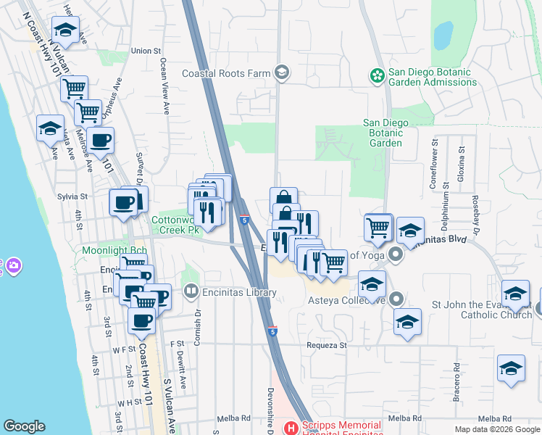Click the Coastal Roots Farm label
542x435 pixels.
225,73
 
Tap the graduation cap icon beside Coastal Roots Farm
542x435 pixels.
281,72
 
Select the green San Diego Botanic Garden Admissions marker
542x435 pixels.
377,75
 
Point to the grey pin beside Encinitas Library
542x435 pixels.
191,292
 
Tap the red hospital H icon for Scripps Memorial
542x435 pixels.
290,428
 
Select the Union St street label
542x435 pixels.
146,51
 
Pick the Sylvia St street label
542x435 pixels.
72,196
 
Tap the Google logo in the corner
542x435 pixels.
24,426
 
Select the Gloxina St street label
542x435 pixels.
461,165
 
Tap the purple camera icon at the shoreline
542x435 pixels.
13,267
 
